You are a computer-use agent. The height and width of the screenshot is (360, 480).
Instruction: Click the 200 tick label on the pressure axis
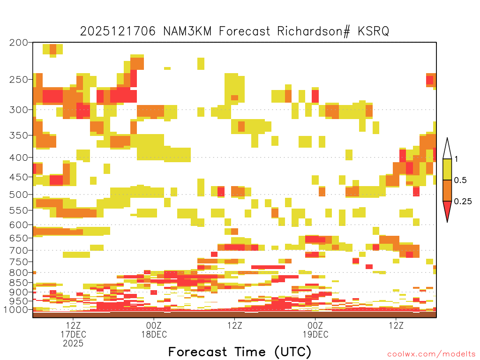click(x=19, y=43)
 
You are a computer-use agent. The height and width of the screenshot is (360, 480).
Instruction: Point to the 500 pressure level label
click(x=19, y=195)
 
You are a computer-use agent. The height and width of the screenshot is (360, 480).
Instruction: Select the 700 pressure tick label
click(x=19, y=251)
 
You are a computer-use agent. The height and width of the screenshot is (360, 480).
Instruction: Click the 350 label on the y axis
click(x=19, y=135)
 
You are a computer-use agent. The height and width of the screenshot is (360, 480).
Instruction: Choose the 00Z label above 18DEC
click(x=154, y=325)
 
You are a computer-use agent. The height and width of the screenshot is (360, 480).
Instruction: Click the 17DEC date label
click(x=73, y=334)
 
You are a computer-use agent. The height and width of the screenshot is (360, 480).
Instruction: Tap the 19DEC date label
click(x=315, y=334)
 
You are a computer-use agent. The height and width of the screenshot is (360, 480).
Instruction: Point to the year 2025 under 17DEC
click(x=73, y=344)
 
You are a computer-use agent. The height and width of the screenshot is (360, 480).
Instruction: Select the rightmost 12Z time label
click(x=396, y=325)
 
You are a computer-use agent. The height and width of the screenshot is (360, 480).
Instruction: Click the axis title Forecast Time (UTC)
click(x=240, y=352)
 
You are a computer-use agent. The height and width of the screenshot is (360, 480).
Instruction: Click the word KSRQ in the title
click(x=374, y=31)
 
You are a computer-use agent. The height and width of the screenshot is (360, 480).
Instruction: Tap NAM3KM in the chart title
click(x=187, y=31)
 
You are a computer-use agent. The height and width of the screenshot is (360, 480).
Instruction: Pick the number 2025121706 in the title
click(x=118, y=31)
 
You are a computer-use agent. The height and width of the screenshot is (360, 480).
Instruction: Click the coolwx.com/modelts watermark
click(x=432, y=354)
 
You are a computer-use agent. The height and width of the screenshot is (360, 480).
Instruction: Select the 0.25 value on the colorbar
click(x=463, y=202)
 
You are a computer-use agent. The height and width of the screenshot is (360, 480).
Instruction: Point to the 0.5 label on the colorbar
click(x=460, y=180)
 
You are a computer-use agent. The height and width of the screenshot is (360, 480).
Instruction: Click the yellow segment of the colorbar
click(x=447, y=169)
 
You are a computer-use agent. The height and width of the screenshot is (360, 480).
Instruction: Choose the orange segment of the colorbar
click(x=447, y=190)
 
